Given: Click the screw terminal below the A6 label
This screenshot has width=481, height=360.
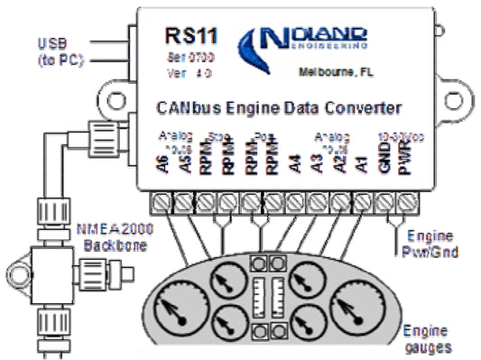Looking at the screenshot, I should click(164, 199).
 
